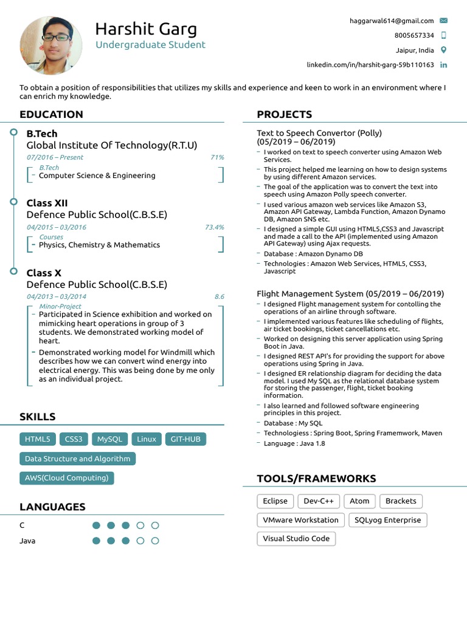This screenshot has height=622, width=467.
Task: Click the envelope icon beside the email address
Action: (x=443, y=21)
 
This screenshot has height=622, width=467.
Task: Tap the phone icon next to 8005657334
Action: (x=443, y=35)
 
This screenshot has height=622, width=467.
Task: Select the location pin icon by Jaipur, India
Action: (x=443, y=50)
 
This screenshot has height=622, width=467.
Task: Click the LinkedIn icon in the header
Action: (x=443, y=65)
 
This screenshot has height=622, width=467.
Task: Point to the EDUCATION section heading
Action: (x=51, y=114)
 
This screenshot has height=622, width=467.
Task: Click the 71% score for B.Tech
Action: (x=217, y=157)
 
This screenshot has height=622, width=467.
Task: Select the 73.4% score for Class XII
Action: (x=214, y=227)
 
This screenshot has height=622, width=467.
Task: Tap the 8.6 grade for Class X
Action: (x=219, y=296)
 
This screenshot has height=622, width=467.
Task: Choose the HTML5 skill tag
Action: (x=38, y=439)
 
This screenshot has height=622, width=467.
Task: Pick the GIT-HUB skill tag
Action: (x=185, y=439)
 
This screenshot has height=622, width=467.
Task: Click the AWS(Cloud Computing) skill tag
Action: (x=67, y=478)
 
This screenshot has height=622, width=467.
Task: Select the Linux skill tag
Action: (x=147, y=439)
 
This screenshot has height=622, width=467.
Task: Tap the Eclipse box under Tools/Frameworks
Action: (x=275, y=501)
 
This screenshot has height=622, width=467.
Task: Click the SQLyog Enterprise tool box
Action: (x=387, y=520)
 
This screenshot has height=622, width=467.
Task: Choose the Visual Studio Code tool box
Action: (x=296, y=539)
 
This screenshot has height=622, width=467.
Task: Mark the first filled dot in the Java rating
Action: (x=96, y=541)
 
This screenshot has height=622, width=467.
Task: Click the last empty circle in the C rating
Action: (x=155, y=525)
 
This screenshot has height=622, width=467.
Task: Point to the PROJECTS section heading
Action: (x=285, y=114)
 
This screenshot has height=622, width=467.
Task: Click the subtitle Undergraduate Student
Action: (x=150, y=45)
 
